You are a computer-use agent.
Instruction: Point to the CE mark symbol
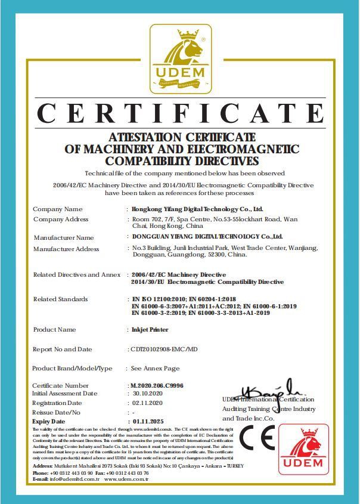pyautogui.click(x=256, y=440)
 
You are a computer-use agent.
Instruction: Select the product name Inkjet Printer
pyautogui.click(x=150, y=329)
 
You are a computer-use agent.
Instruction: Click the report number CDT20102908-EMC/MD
pyautogui.click(x=163, y=349)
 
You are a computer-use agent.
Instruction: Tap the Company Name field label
pyautogui.click(x=58, y=209)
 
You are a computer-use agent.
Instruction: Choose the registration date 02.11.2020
pyautogui.click(x=146, y=403)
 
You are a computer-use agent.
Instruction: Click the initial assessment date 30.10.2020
pyautogui.click(x=147, y=394)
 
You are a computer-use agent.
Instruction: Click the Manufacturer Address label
pyautogui.click(x=66, y=249)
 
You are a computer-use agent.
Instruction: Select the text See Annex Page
pyautogui.click(x=155, y=369)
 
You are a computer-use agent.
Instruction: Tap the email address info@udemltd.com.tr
pyautogui.click(x=69, y=479)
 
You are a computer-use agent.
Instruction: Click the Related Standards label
pyautogui.click(x=60, y=299)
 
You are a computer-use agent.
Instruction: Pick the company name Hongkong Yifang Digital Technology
pyautogui.click(x=197, y=210)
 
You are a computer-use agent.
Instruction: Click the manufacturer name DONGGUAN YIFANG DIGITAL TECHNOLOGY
pyautogui.click(x=206, y=237)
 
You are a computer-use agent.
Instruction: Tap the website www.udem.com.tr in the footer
pyautogui.click(x=126, y=479)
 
